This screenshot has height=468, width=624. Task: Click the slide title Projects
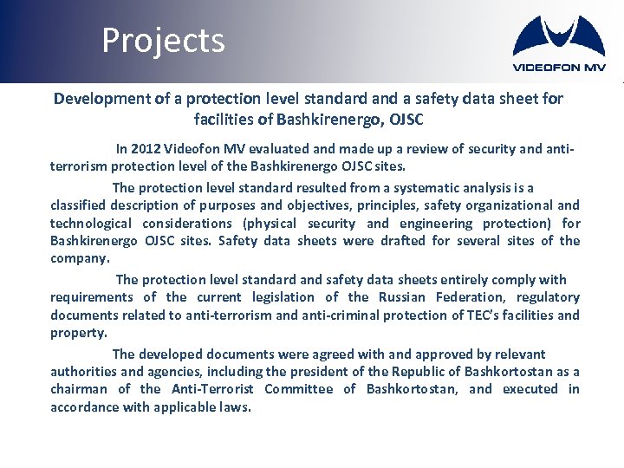tap(163, 41)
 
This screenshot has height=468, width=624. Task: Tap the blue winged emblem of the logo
tap(559, 37)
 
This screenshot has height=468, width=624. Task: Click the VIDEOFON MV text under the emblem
tap(559, 68)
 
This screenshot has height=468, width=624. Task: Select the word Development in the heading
tap(102, 99)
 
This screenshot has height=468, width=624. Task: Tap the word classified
tap(82, 205)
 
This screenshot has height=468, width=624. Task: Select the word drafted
tap(393, 241)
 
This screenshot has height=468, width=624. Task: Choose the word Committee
tap(298, 389)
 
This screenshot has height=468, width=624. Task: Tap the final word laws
tap(235, 407)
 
